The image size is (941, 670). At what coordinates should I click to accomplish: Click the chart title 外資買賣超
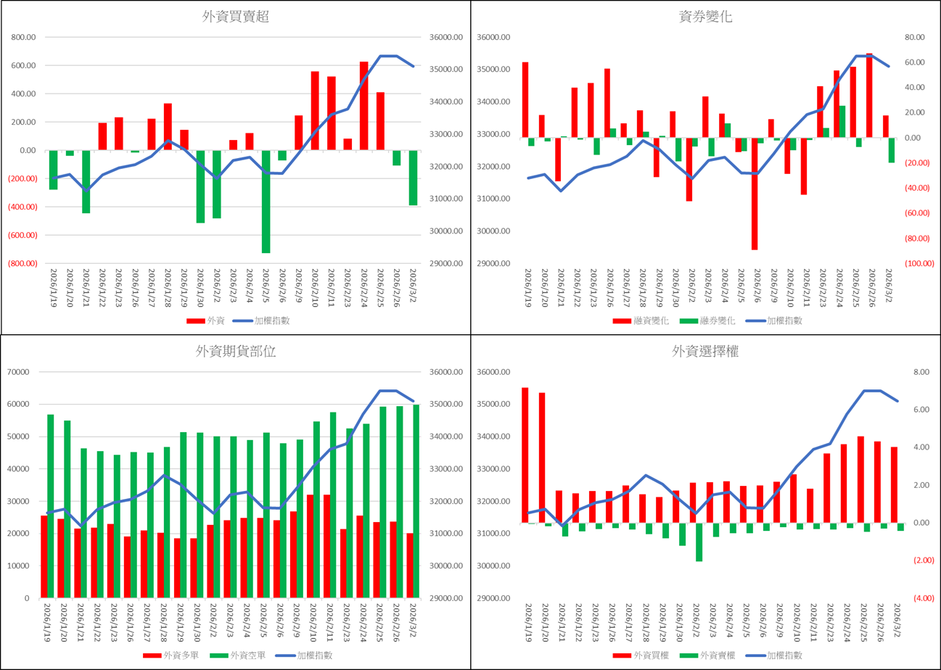236,17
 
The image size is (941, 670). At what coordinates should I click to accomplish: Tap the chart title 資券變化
704,17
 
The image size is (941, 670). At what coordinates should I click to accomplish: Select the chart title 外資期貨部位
236,352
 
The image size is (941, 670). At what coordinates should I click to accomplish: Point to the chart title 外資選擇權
704,352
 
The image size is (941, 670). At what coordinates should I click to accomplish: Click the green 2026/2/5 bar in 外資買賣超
266,202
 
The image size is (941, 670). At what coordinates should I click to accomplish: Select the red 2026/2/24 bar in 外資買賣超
364,106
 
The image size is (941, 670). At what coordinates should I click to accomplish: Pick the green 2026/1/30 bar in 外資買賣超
200,186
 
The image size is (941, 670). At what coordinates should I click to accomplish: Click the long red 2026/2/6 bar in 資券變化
755,194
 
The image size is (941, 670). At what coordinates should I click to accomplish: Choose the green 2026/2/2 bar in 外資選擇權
699,542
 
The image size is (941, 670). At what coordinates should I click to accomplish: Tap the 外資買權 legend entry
641,655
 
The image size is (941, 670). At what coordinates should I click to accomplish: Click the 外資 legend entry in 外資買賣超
207,320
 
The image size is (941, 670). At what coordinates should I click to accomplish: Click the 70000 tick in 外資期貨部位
25,372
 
